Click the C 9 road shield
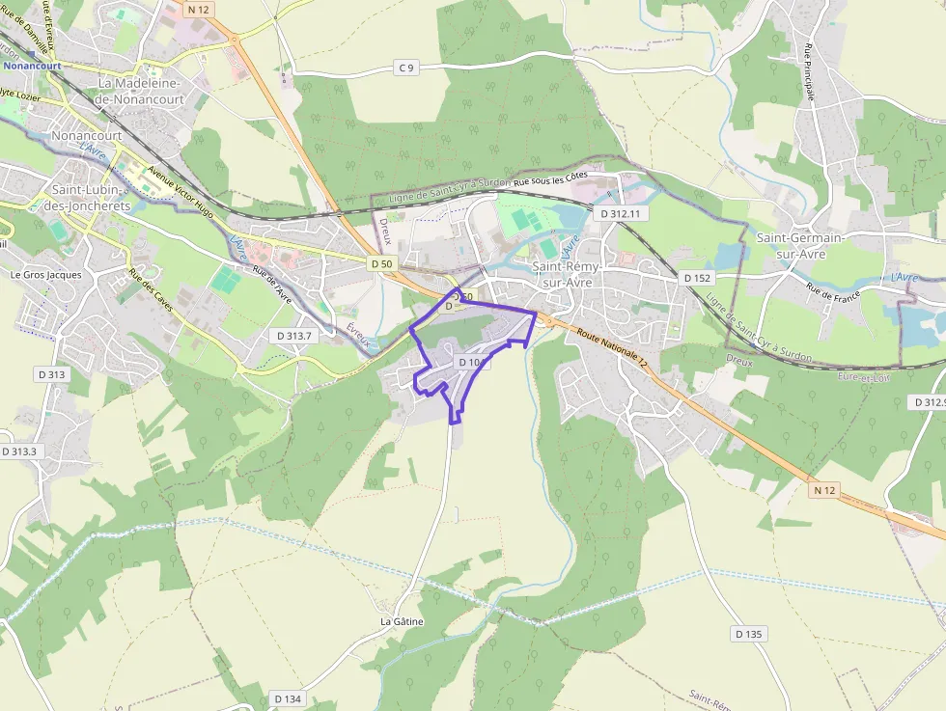pos(406,67)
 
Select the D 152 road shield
pos(697,278)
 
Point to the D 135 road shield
pos(748,634)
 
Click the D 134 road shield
pos(288,698)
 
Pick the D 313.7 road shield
pos(291,336)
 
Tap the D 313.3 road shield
pos(19,451)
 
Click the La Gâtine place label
pos(402,621)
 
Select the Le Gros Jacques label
pos(46,274)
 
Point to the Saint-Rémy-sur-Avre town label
pos(568,274)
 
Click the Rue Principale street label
pos(809,72)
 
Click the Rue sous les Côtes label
pos(550,181)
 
